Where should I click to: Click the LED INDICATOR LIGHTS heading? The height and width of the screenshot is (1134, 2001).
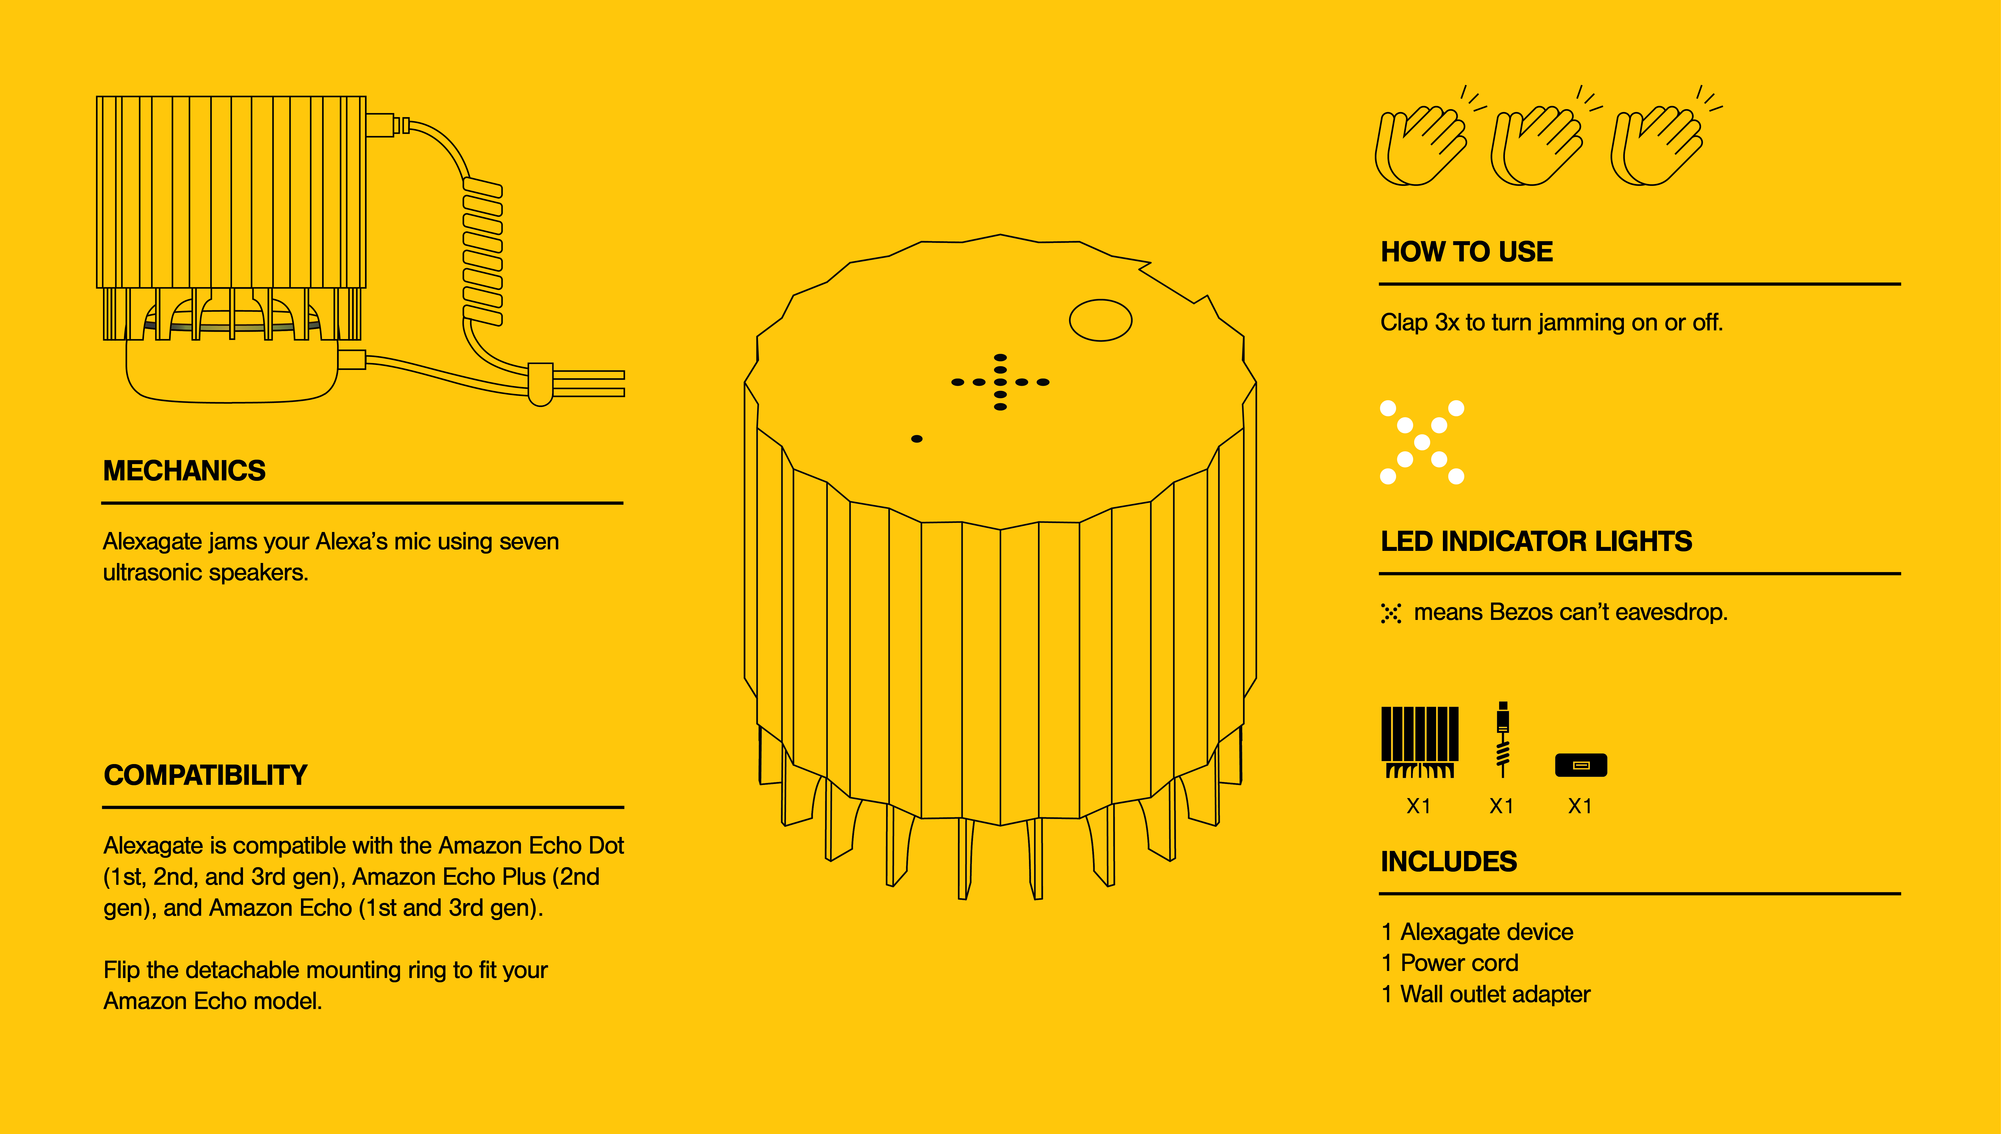point(1536,541)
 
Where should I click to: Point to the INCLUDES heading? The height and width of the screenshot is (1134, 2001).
point(1449,861)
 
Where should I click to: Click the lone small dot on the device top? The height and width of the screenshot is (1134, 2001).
point(917,439)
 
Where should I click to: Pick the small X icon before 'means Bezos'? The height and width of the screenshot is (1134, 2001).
point(1391,614)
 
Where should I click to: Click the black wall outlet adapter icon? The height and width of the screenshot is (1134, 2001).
point(1580,765)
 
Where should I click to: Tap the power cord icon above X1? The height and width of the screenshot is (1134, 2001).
point(1502,740)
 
